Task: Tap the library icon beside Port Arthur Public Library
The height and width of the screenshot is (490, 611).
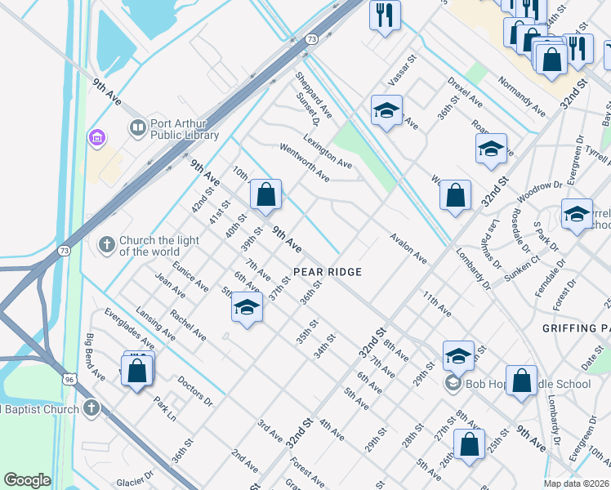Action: pos(137,128)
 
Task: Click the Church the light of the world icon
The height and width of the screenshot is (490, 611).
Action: pos(106,243)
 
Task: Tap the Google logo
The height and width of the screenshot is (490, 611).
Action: pos(28,480)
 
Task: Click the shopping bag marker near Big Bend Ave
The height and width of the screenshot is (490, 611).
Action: pos(137,370)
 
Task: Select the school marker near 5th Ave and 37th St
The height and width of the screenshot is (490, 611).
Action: pos(247,308)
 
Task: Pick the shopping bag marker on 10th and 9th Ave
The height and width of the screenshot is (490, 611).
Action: pos(265,194)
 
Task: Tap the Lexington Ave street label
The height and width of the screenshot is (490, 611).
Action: pos(327,152)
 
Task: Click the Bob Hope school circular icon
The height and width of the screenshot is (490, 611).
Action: pos(453,383)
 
